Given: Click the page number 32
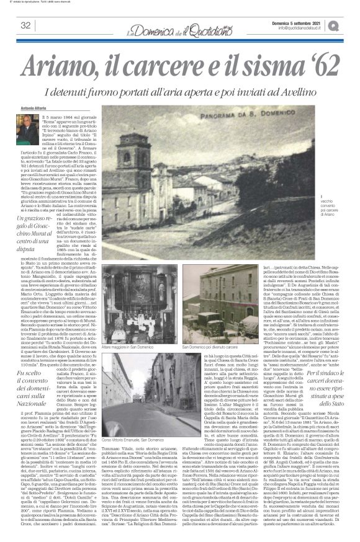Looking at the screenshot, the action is click(26, 25).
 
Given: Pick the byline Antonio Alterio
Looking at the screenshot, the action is click(32, 109).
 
